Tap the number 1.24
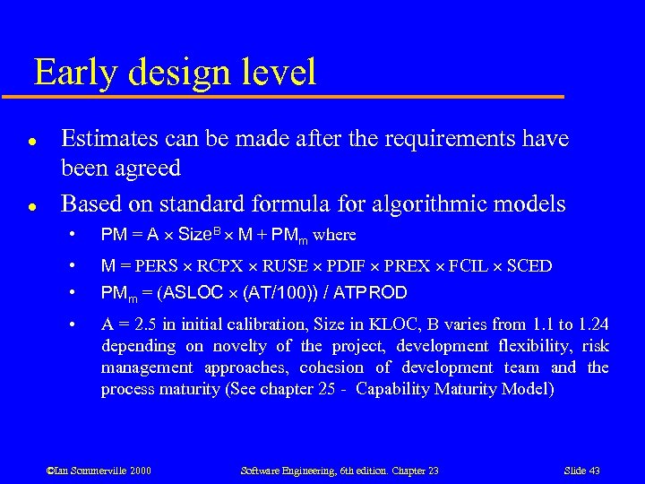coord(592,324)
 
